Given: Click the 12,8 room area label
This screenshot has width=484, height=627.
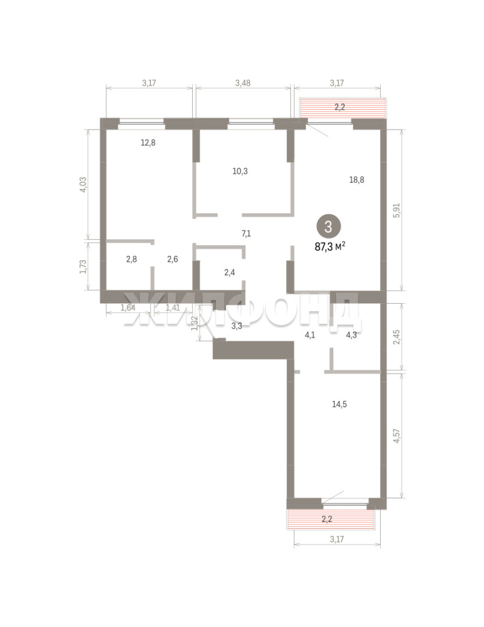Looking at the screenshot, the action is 148,142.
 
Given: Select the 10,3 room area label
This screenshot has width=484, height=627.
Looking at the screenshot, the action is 240,171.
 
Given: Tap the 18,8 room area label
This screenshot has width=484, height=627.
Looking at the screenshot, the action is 356,179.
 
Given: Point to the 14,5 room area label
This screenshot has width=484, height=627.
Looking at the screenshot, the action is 339,404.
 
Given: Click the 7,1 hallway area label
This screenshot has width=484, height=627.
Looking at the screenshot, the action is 246,233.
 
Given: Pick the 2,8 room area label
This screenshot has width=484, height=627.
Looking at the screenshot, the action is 132,259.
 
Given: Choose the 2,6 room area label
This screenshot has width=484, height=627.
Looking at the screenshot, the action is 172,259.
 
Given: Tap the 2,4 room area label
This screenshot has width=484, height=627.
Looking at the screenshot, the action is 229,273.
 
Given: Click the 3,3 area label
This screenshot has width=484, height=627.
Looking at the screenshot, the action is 237,326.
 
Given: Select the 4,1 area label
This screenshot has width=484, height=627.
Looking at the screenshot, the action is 310,336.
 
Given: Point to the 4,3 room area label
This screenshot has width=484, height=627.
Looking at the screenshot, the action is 351,336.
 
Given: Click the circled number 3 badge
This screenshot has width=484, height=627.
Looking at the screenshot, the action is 328,227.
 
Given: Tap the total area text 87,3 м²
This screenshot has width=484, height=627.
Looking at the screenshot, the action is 330,246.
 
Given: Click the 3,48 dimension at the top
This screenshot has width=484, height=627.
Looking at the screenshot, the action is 243,83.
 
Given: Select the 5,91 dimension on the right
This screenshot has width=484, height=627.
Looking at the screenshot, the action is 396,210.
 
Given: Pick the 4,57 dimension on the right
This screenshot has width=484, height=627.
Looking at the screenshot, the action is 396,435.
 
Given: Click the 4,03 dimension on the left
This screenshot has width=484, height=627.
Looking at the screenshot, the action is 83,185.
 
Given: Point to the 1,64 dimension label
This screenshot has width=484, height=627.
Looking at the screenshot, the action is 128,308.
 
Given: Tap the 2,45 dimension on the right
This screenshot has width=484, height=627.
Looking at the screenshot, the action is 396,337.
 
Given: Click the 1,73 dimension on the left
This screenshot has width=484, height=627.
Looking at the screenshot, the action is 83,266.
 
